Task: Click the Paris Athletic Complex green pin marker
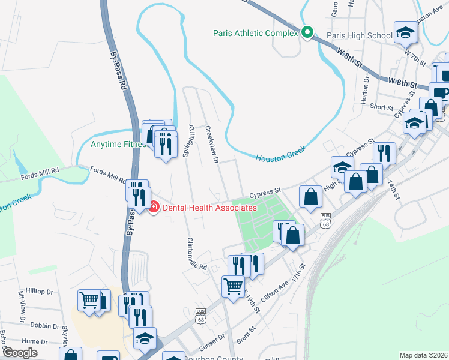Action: click(x=307, y=32)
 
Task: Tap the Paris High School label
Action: click(x=359, y=35)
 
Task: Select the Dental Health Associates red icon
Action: click(x=154, y=207)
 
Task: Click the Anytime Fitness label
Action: click(x=118, y=144)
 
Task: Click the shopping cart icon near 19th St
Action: click(x=233, y=285)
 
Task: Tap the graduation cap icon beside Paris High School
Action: click(x=405, y=32)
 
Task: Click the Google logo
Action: click(x=20, y=353)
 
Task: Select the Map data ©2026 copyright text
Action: click(x=423, y=355)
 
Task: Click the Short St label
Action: click(x=381, y=106)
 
